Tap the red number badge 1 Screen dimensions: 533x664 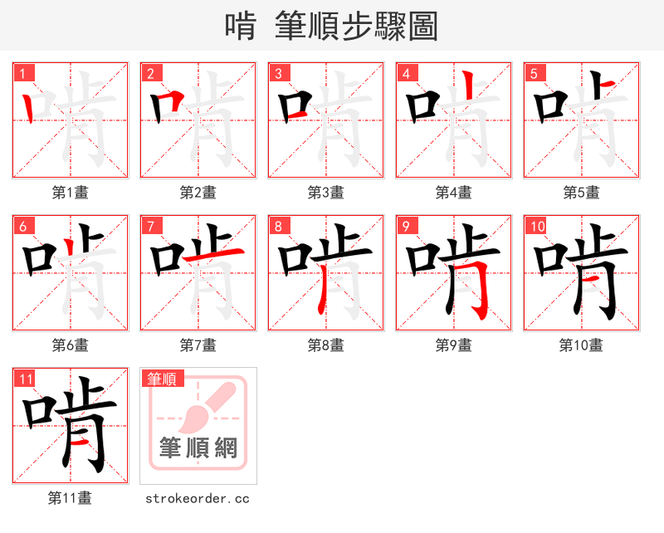pos(23,73)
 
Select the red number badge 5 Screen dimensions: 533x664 pos(535,73)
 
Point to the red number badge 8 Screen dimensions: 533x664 pos(279,226)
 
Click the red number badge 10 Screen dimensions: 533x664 pos(536,226)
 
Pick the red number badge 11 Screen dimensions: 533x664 pos(26,379)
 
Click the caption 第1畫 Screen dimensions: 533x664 pos(71,192)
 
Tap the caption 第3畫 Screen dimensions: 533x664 pos(326,192)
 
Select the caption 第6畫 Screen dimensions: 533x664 pos(71,345)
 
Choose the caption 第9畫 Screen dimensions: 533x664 pos(454,345)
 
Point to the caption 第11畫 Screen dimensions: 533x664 pos(71,498)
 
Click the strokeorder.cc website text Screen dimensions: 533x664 pos(198,498)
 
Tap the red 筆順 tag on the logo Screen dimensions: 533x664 pos(161,379)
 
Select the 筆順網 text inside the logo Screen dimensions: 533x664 pos(198,448)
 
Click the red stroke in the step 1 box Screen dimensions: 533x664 pos(29,106)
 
